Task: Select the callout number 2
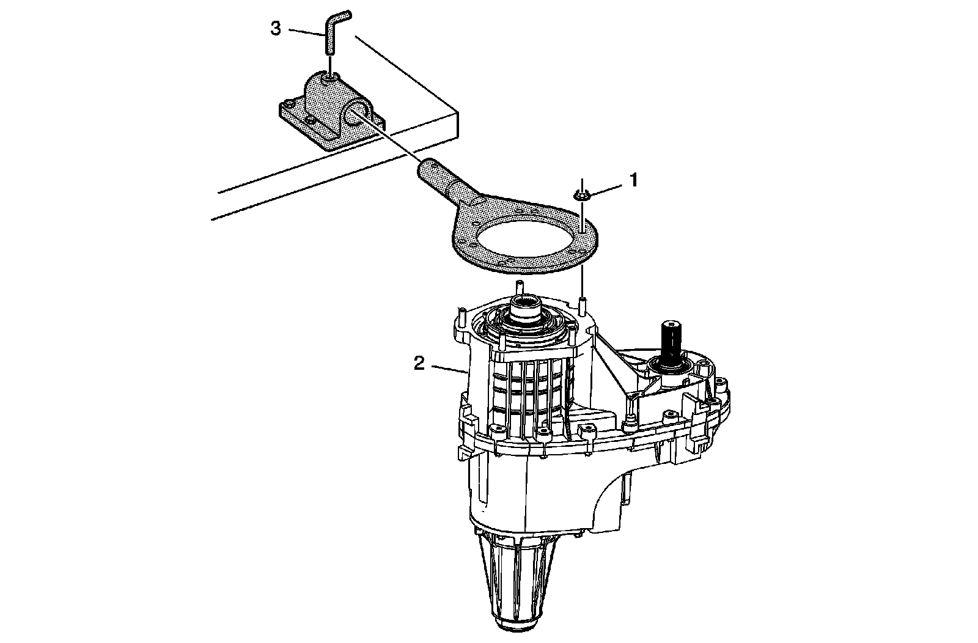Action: click(419, 364)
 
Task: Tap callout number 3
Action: click(276, 28)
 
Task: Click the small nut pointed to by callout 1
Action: click(581, 196)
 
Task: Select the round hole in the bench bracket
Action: click(356, 113)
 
